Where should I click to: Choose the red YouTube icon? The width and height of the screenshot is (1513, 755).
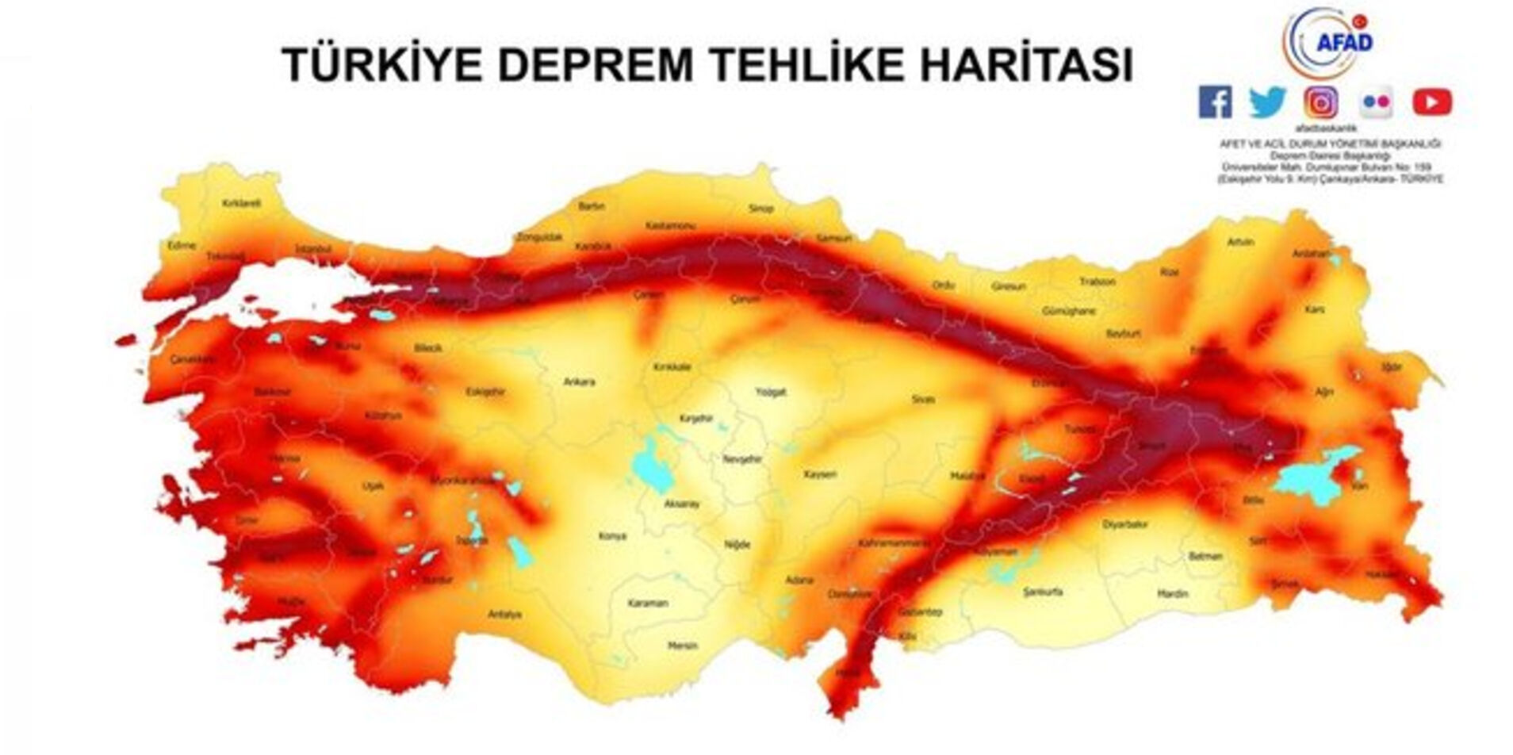(x=1431, y=102)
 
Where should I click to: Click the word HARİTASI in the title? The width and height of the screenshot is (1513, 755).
(x=1026, y=64)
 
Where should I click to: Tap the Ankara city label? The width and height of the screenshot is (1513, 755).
(x=579, y=382)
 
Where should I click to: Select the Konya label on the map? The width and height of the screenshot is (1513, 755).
(x=611, y=536)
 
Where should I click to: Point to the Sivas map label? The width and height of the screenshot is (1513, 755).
(x=923, y=399)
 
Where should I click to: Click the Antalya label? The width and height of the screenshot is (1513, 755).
(x=504, y=614)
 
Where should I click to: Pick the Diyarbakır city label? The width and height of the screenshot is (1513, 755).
(x=1125, y=525)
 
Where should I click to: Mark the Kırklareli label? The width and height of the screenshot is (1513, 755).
(x=241, y=203)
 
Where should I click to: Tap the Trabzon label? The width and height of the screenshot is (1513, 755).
(x=1097, y=282)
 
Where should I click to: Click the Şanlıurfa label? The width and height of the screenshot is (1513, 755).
(x=1043, y=592)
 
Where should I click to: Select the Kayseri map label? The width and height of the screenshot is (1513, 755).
(x=820, y=474)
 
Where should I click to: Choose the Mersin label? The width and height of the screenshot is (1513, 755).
(x=682, y=646)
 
